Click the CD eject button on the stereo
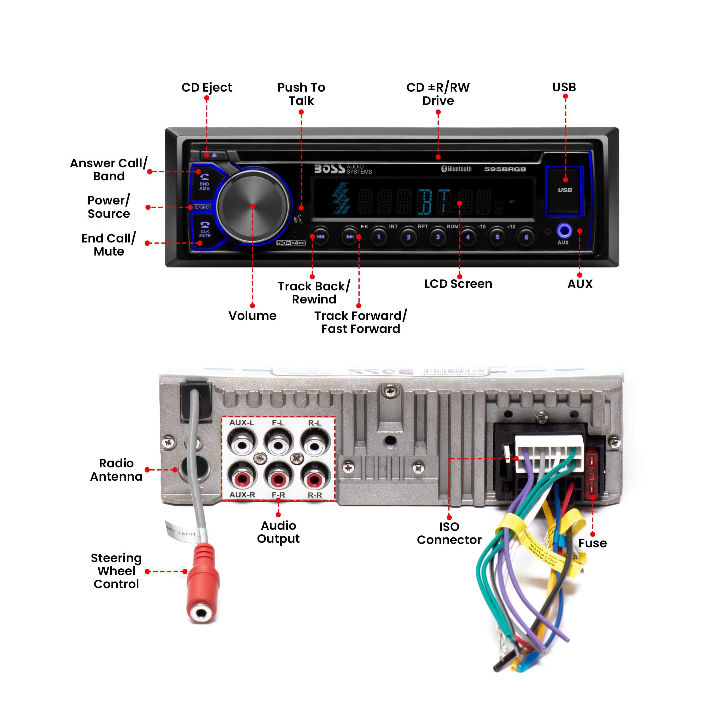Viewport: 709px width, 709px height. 213,155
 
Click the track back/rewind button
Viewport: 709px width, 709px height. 320,237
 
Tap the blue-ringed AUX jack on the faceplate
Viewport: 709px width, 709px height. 564,231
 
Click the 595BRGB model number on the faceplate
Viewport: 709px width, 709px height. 505,169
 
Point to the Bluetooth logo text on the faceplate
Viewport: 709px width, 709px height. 457,169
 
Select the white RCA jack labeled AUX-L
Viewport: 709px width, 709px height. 242,445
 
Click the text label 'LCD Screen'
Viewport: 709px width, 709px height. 458,284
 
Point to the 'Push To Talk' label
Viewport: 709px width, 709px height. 301,94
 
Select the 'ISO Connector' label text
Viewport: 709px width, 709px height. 449,533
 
